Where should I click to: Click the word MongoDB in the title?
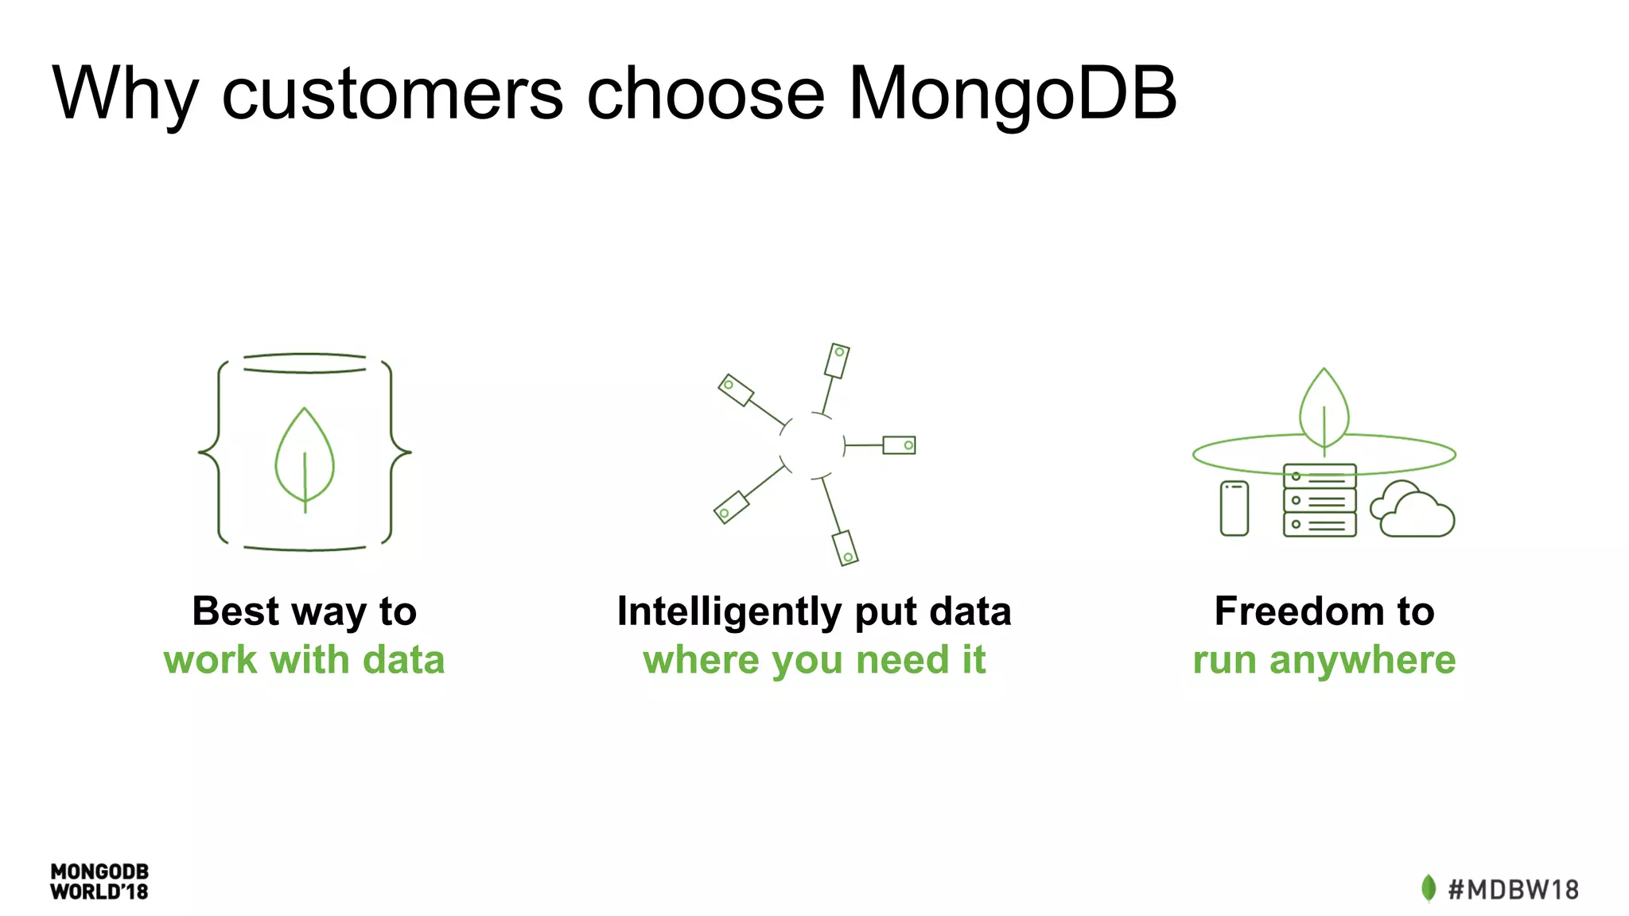pyautogui.click(x=1012, y=94)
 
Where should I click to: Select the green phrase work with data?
pyautogui.click(x=304, y=661)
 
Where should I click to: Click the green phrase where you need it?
pyautogui.click(x=814, y=661)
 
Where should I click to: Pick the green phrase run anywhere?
pyautogui.click(x=1324, y=661)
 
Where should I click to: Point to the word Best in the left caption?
pyautogui.click(x=235, y=611)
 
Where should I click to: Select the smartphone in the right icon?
pyautogui.click(x=1234, y=508)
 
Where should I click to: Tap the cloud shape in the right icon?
pyautogui.click(x=1413, y=511)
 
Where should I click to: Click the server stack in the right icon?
pyautogui.click(x=1319, y=501)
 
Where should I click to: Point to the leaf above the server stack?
pyautogui.click(x=1324, y=410)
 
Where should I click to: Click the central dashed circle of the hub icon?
pyautogui.click(x=812, y=445)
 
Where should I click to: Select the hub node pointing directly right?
pyautogui.click(x=899, y=445)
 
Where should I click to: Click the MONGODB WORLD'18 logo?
pyautogui.click(x=99, y=882)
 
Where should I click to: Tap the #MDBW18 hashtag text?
pyautogui.click(x=1513, y=889)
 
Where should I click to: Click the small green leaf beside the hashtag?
pyautogui.click(x=1429, y=888)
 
